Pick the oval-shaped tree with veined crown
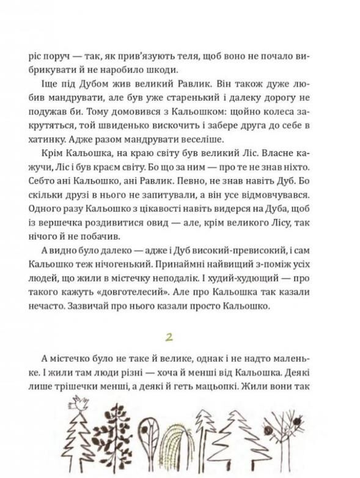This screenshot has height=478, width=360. click(148, 435)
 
